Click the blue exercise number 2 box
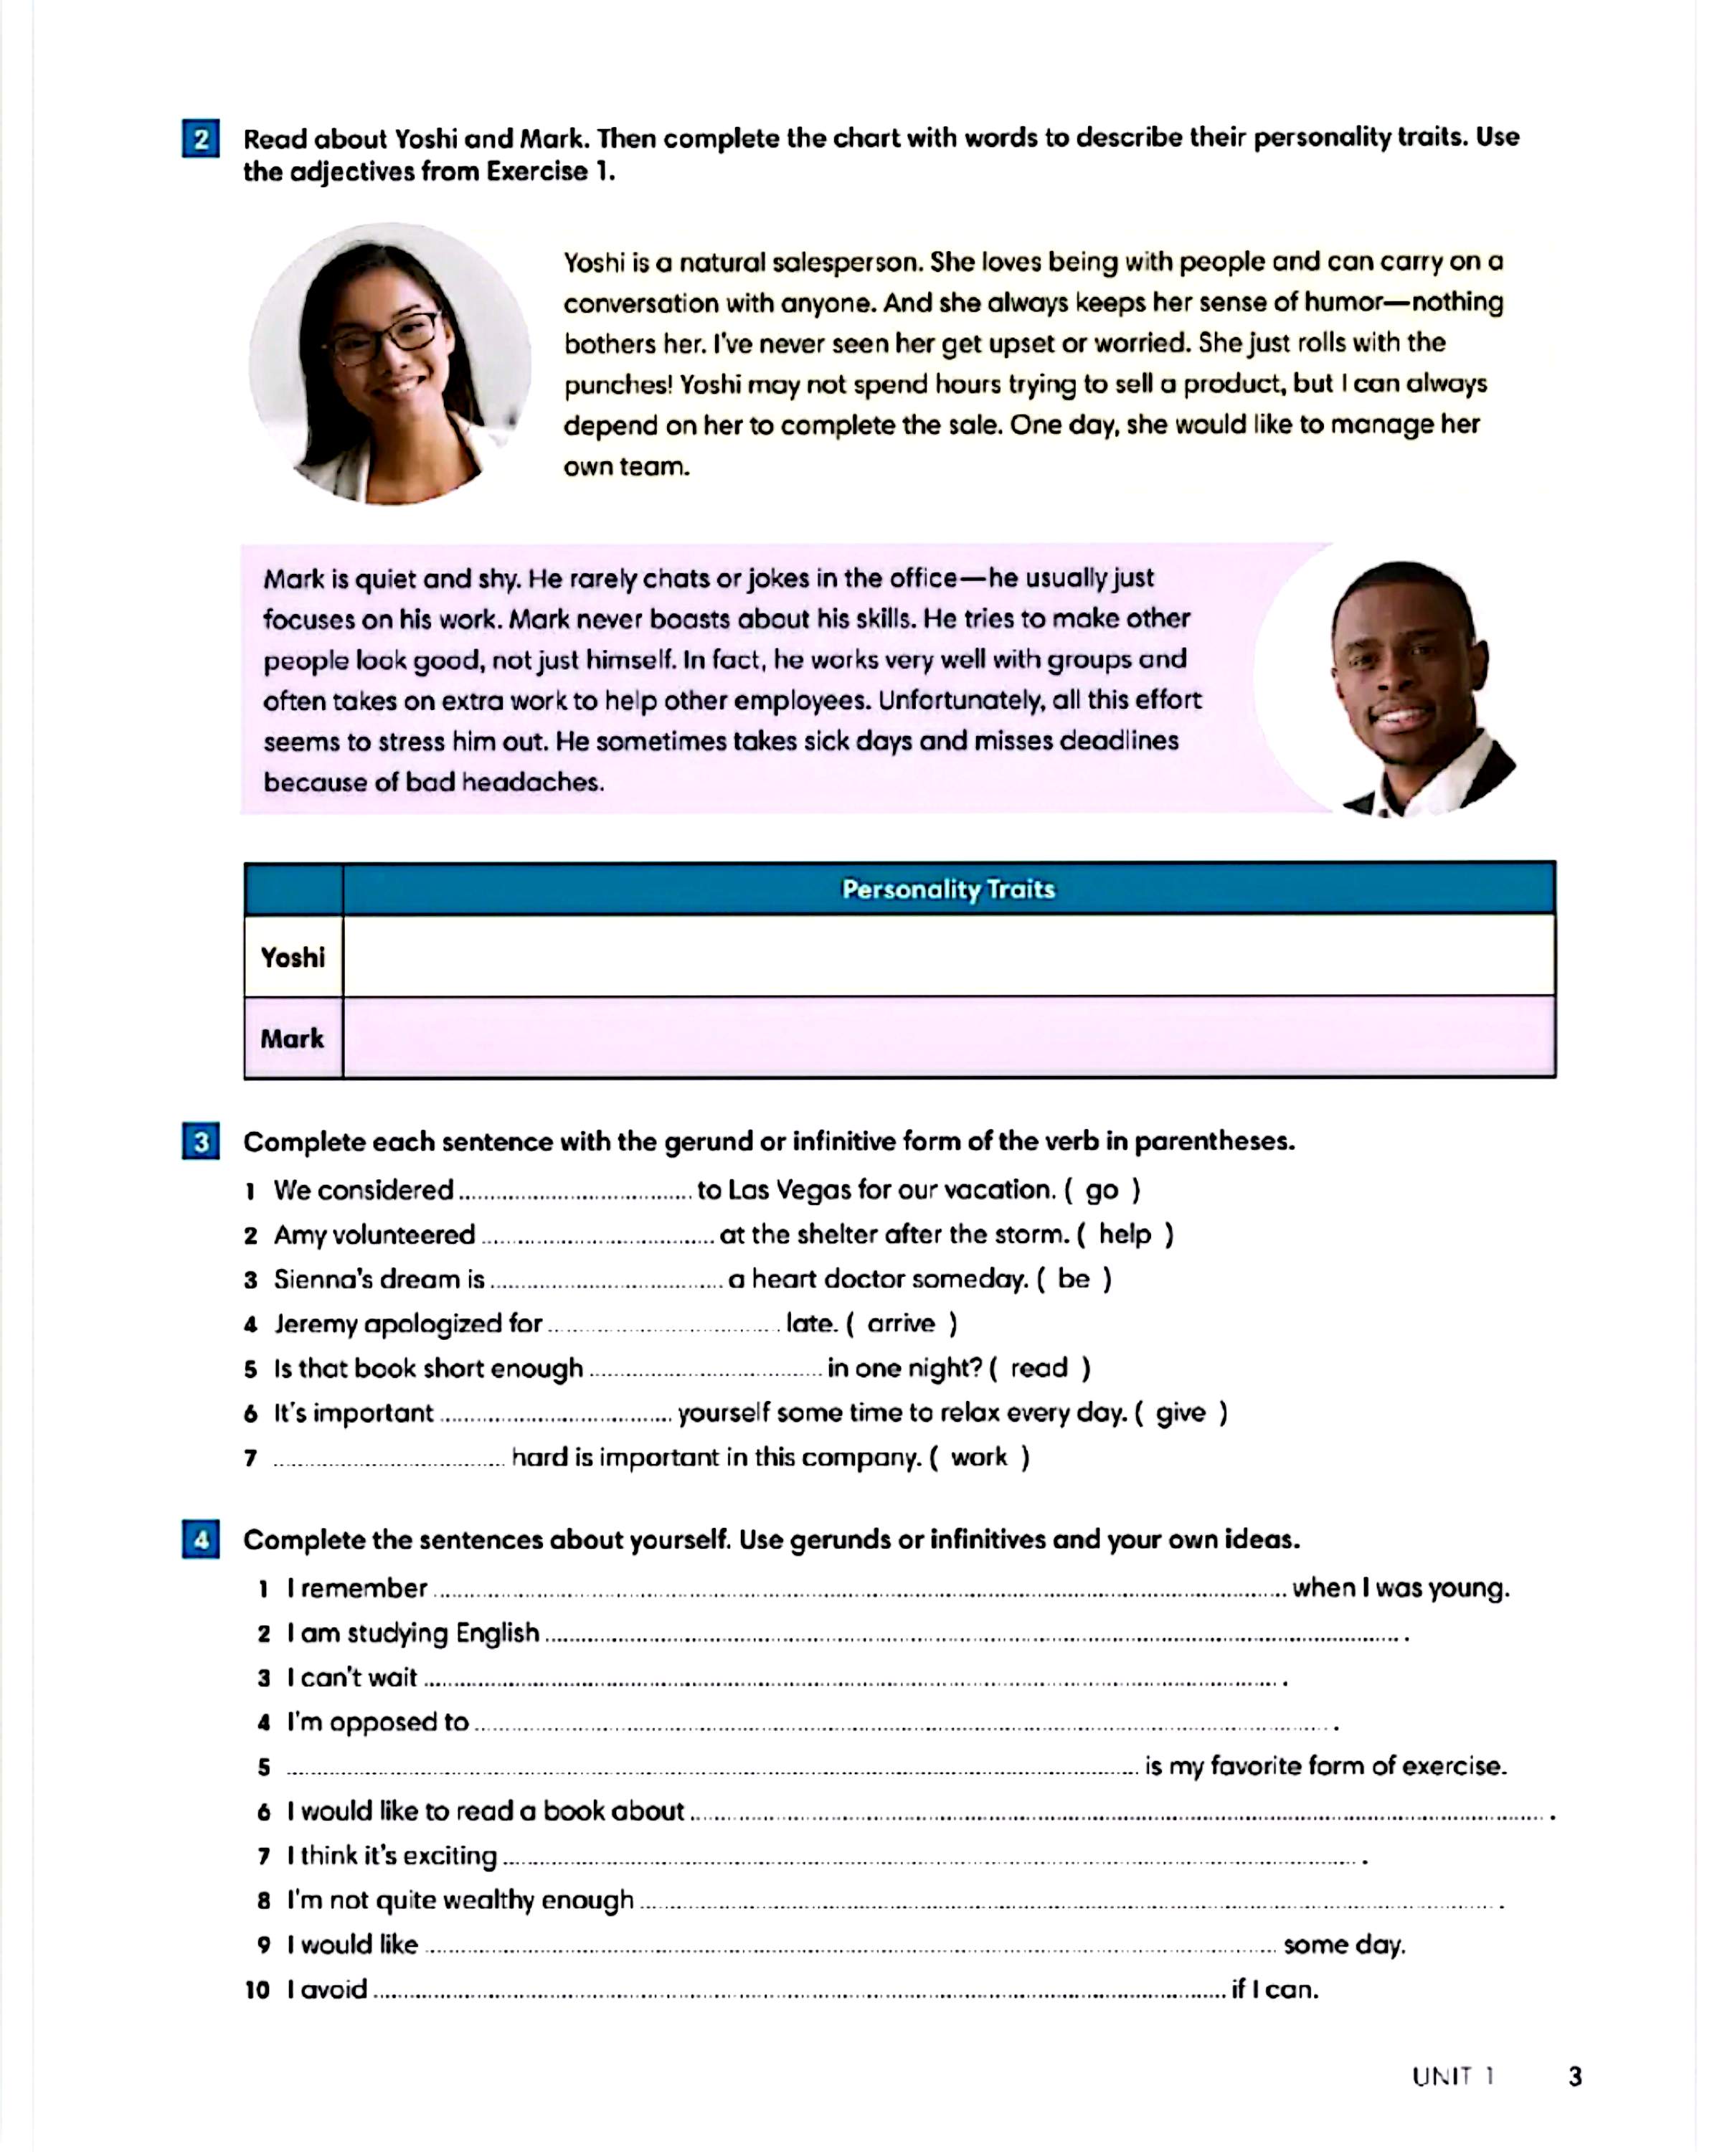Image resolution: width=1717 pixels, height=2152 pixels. coord(201,138)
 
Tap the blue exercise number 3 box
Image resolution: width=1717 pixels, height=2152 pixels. coord(201,1141)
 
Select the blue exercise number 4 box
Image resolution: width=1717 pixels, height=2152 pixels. coord(201,1539)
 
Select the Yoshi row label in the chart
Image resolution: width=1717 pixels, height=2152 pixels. coord(293,957)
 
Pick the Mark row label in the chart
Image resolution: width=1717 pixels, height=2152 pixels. coord(293,1038)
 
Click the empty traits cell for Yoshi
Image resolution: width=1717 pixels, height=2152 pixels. coord(947,956)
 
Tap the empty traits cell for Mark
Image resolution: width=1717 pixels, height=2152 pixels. coord(947,1038)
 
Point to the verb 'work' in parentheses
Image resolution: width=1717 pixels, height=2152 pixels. coord(978,1458)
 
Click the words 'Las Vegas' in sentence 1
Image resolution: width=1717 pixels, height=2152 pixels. coord(790,1190)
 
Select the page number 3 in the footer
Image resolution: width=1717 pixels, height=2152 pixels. coord(1575,2075)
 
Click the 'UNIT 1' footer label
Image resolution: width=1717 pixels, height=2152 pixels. coord(1452,2076)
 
